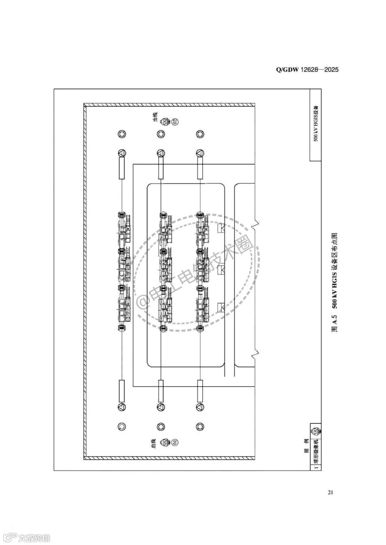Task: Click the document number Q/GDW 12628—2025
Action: (x=307, y=70)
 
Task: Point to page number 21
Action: (x=330, y=493)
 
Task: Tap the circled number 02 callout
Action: (x=175, y=122)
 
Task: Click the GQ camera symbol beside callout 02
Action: (x=165, y=122)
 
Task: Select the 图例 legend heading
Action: (x=306, y=450)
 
